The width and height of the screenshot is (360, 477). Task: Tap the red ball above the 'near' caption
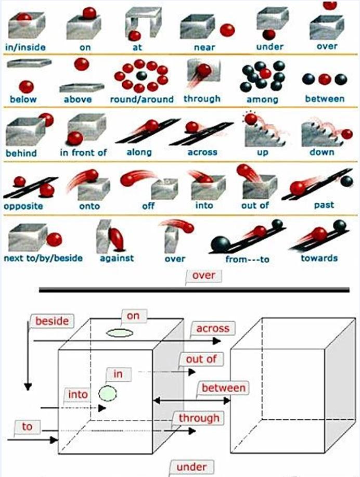point(227,30)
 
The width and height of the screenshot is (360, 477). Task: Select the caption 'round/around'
point(142,99)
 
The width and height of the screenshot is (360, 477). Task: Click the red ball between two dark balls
point(325,79)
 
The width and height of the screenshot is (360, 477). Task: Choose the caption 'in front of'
point(83,152)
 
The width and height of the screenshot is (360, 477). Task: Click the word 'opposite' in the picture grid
point(24,205)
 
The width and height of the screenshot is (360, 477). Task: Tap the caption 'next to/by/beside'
point(43,258)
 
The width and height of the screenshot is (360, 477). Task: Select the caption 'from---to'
point(248,259)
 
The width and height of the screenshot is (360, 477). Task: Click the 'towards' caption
point(319,258)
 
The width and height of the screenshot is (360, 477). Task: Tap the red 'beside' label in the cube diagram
point(52,321)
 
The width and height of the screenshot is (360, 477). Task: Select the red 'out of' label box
point(197,359)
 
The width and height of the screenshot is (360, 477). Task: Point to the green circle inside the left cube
point(108,393)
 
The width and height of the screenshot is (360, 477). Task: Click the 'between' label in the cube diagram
point(223,388)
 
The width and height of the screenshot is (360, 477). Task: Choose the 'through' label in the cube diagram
point(199,418)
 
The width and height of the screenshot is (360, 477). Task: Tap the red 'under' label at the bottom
point(191,467)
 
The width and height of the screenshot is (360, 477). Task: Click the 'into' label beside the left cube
point(78,395)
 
